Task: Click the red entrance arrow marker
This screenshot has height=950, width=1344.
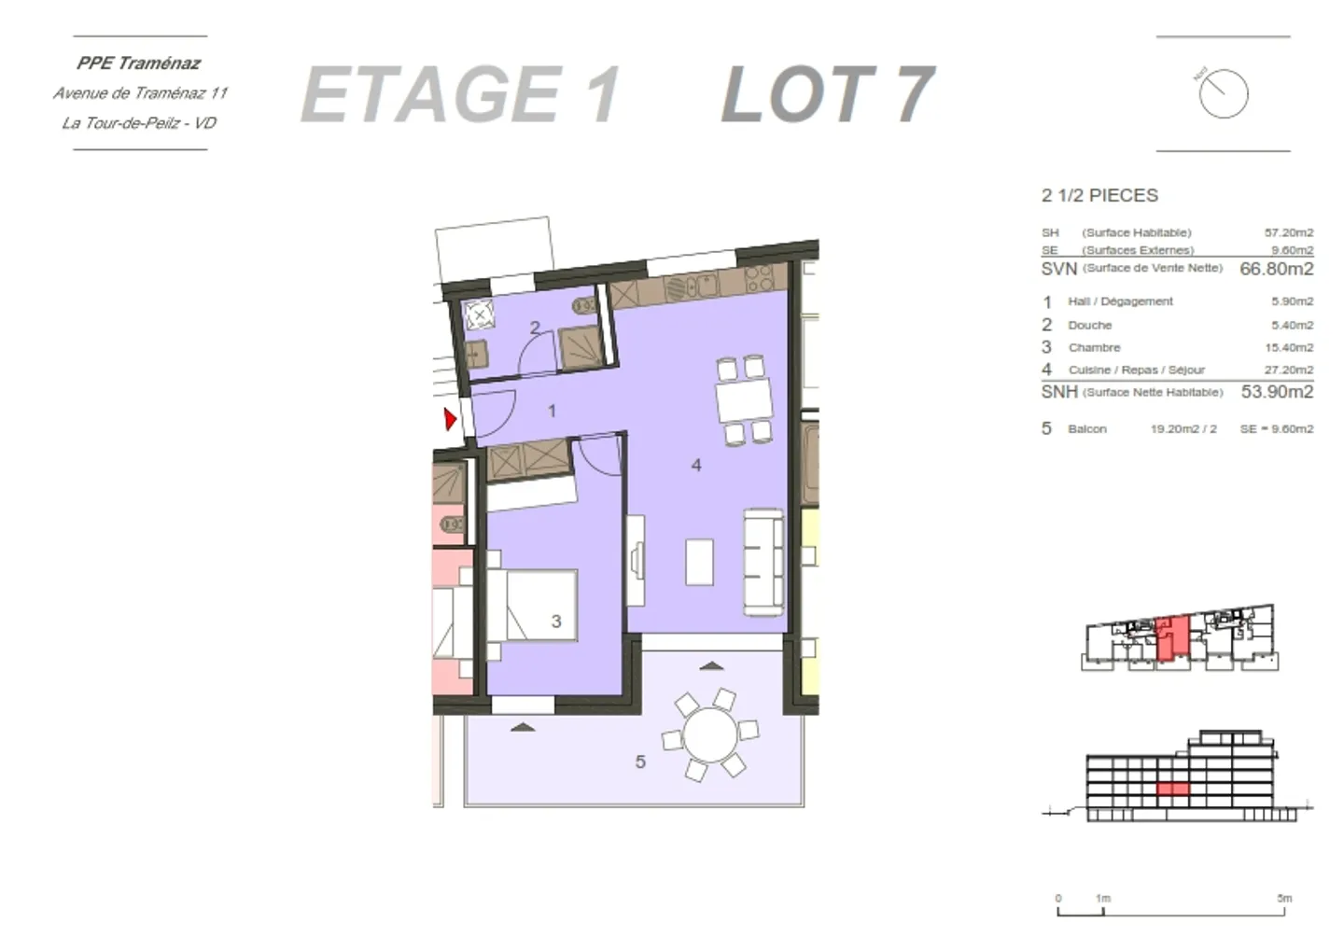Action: click(x=451, y=419)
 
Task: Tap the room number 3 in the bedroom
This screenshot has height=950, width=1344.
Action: click(x=556, y=622)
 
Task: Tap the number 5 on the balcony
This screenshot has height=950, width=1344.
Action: click(x=640, y=762)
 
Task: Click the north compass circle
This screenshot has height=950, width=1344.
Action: click(x=1223, y=93)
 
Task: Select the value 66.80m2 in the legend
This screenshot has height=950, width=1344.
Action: click(x=1276, y=269)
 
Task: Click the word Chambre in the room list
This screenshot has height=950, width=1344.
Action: click(x=1094, y=347)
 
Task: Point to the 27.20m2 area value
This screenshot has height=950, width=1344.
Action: click(x=1288, y=370)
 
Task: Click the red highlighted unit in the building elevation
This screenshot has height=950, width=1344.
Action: click(x=1173, y=789)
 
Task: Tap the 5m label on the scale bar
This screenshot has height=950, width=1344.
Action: click(x=1284, y=899)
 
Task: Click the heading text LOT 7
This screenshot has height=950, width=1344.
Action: click(x=827, y=94)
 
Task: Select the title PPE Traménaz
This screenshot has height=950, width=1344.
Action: click(x=139, y=63)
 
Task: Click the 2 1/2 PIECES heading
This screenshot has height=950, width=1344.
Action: click(x=1099, y=196)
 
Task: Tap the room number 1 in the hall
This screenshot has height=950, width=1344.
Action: click(x=552, y=411)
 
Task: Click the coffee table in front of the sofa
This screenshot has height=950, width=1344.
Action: click(x=700, y=562)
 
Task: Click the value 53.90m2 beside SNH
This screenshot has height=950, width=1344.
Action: click(x=1276, y=392)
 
